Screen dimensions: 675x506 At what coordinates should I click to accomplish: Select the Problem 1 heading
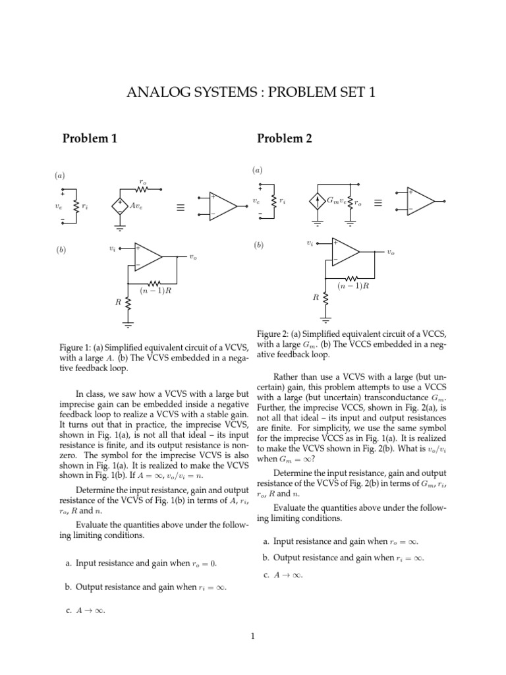(x=90, y=138)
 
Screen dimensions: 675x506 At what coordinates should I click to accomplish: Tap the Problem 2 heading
(x=285, y=138)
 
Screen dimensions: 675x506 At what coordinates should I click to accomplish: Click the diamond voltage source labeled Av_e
(x=120, y=206)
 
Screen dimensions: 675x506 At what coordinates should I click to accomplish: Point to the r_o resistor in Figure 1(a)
(x=143, y=189)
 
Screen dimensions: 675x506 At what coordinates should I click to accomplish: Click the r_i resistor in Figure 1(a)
(x=77, y=206)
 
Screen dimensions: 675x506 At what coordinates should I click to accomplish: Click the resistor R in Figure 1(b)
(x=128, y=303)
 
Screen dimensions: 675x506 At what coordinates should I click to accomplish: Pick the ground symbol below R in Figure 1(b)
(x=128, y=324)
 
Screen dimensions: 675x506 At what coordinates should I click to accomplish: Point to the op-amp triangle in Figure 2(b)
(x=345, y=251)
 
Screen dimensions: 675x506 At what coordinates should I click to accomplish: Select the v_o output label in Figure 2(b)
(x=391, y=252)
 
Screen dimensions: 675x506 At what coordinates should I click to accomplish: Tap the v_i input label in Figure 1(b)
(x=112, y=249)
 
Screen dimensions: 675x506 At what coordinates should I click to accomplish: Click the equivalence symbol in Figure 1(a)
(x=180, y=208)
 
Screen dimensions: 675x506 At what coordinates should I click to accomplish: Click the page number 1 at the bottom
(x=252, y=636)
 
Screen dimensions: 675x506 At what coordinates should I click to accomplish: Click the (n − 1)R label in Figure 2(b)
(x=352, y=285)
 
